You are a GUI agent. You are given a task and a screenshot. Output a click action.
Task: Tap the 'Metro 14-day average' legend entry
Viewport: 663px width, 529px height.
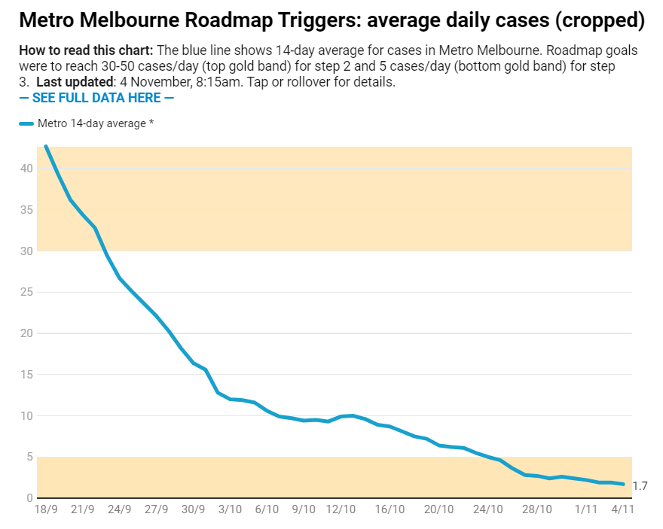click(x=87, y=123)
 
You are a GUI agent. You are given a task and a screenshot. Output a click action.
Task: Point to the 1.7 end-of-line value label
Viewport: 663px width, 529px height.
click(x=640, y=486)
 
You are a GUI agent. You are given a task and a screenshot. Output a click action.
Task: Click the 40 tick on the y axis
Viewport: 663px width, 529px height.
click(x=27, y=169)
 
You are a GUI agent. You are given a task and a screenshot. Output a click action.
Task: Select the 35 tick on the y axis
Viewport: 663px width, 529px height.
click(x=27, y=210)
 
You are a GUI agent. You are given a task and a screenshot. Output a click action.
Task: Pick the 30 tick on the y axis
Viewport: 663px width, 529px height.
click(x=27, y=251)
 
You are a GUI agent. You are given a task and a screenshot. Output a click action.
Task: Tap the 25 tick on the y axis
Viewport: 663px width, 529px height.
click(x=27, y=292)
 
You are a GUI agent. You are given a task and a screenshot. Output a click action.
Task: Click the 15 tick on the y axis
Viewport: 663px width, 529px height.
click(x=27, y=375)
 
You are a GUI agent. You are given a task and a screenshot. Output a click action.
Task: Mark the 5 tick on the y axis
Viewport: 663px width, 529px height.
click(x=30, y=457)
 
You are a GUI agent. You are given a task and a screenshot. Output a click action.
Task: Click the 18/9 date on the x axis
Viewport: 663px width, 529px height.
click(x=46, y=509)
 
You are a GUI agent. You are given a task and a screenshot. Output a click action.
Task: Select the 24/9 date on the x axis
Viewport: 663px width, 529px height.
click(x=120, y=509)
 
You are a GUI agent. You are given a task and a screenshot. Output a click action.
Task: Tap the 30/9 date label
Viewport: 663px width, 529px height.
click(x=194, y=509)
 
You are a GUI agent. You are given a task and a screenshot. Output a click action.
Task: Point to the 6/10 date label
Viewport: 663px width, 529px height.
click(x=267, y=509)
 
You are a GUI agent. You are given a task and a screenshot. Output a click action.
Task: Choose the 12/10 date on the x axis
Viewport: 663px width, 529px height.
click(x=341, y=509)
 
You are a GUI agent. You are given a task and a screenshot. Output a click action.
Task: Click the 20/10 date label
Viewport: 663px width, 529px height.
click(x=438, y=509)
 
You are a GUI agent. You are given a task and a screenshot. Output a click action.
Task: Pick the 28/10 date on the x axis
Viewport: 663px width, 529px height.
click(x=536, y=509)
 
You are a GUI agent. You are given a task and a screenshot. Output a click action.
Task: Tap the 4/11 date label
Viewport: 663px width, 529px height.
click(x=622, y=509)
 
